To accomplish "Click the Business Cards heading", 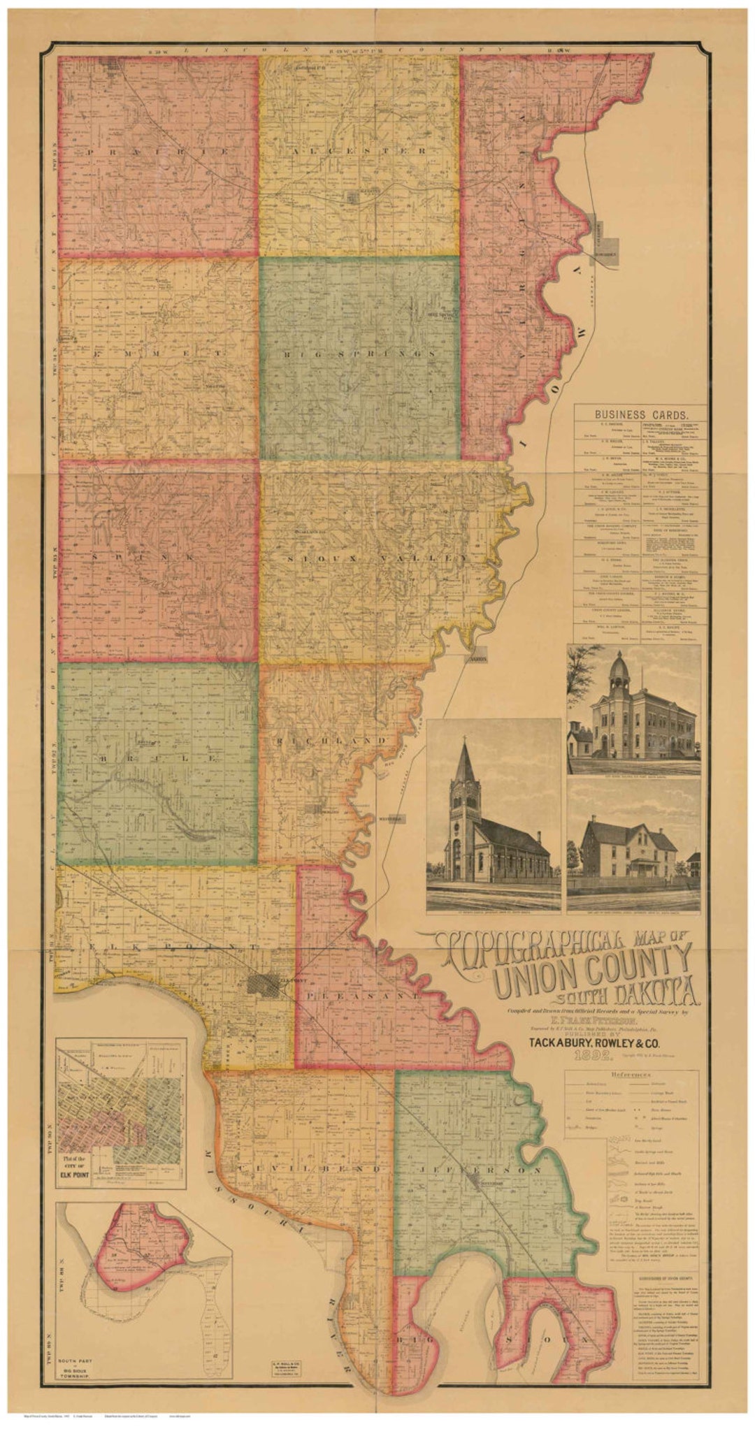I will pos(640,413).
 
